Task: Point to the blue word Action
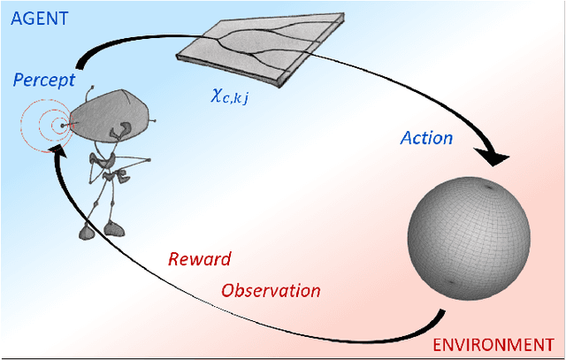click(426, 138)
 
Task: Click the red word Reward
click(199, 259)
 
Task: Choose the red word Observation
click(271, 290)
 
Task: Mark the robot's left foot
click(86, 232)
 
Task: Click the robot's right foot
click(114, 229)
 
